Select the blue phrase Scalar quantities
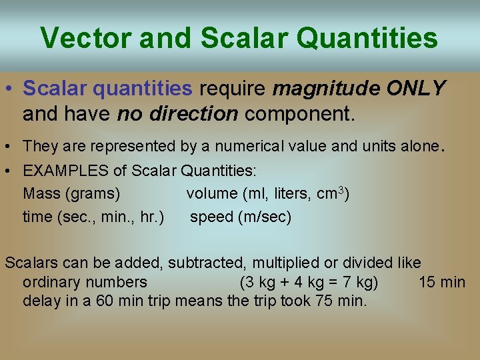pyautogui.click(x=107, y=88)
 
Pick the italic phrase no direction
pyautogui.click(x=177, y=113)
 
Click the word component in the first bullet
pyautogui.click(x=297, y=113)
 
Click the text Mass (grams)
pyautogui.click(x=71, y=193)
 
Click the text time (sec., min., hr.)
pyautogui.click(x=93, y=217)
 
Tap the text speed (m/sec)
pyautogui.click(x=241, y=217)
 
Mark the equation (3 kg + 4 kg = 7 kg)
pyautogui.click(x=309, y=282)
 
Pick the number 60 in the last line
pyautogui.click(x=105, y=301)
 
